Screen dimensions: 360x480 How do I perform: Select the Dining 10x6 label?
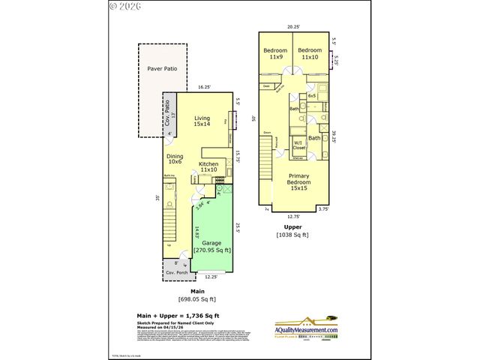click(175, 158)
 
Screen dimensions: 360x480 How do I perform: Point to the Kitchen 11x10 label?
click(208, 166)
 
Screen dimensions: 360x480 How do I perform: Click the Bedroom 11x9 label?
click(275, 53)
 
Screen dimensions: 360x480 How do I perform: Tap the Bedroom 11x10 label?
click(310, 53)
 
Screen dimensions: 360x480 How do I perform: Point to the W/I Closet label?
click(298, 145)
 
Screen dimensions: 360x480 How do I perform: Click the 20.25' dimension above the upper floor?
click(294, 26)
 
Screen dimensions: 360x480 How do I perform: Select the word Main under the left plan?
click(198, 290)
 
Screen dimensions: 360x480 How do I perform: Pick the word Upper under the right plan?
click(292, 226)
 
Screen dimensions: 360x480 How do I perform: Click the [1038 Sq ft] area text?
click(292, 235)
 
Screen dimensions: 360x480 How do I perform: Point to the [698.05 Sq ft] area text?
click(198, 299)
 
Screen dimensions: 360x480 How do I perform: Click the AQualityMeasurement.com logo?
click(305, 328)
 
